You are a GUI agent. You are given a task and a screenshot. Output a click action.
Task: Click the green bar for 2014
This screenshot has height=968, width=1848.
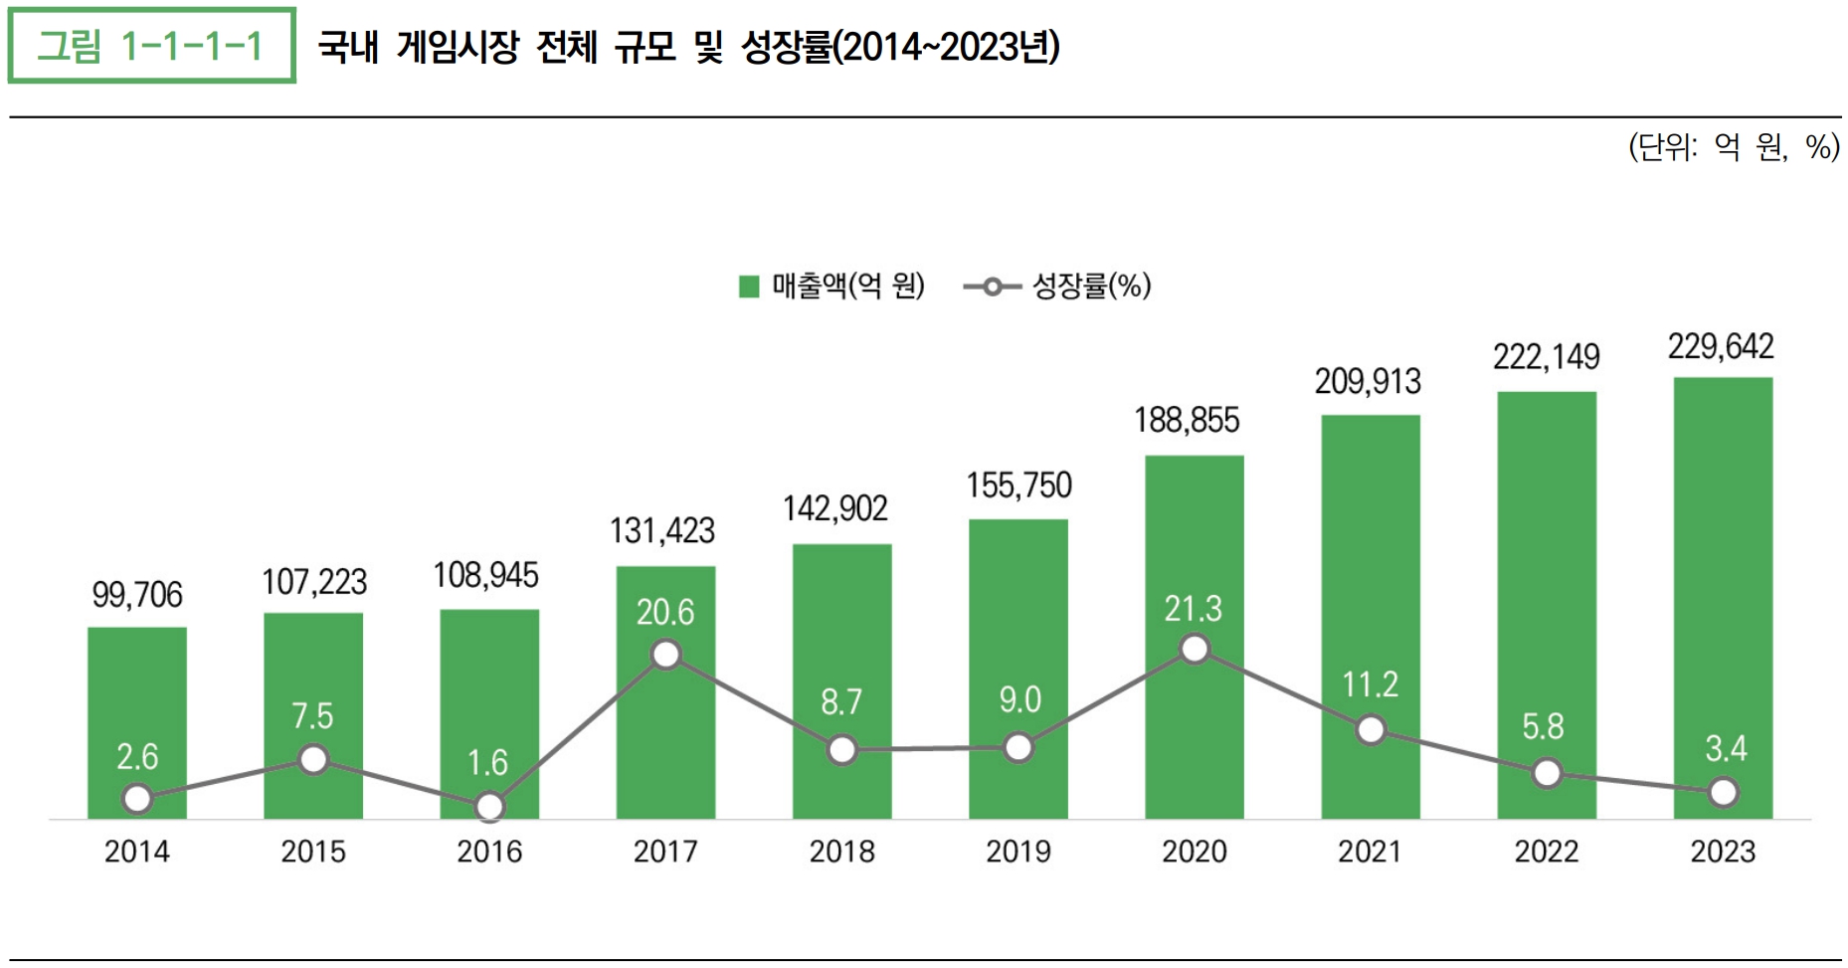137,696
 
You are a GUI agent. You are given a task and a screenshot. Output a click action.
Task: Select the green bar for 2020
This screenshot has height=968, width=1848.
1194,557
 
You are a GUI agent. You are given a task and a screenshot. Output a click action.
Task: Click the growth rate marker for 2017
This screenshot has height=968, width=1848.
665,655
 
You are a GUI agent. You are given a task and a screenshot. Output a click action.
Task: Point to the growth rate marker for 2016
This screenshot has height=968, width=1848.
489,806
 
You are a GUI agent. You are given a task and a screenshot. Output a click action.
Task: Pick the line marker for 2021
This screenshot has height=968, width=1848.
1371,730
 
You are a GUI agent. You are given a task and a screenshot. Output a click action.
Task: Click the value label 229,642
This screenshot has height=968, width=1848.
1721,346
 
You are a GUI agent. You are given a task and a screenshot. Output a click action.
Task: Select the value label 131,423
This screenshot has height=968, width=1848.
662,530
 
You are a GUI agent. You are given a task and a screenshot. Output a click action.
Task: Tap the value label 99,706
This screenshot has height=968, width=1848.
137,595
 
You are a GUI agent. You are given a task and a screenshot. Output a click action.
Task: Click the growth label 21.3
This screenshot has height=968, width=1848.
1193,609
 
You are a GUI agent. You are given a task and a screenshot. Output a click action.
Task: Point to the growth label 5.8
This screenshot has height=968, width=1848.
1543,727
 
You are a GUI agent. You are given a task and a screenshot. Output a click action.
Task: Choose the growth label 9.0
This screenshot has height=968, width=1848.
1019,699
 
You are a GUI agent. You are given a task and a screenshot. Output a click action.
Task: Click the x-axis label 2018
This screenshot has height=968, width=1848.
841,852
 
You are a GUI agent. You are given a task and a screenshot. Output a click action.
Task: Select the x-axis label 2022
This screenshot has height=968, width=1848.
1547,852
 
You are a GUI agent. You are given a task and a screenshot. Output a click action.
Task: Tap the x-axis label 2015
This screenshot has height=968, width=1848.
313,852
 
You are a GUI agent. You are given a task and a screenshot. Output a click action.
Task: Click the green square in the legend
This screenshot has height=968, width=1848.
749,287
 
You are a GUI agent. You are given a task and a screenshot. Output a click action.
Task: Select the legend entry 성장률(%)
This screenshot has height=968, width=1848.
1091,287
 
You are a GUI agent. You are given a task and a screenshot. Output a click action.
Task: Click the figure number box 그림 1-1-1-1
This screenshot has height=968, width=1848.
151,46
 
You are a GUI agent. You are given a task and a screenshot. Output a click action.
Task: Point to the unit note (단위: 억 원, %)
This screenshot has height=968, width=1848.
1734,148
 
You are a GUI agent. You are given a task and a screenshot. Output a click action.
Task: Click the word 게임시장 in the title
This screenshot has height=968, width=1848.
458,47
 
